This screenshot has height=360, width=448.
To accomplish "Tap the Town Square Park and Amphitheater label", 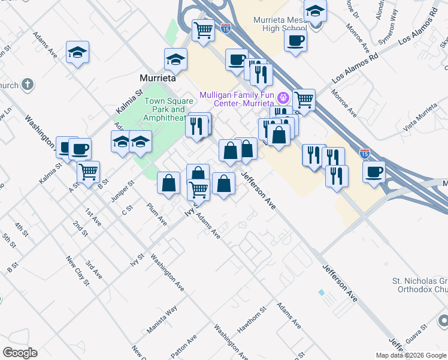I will [x=165, y=109].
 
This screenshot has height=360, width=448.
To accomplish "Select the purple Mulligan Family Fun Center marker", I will [x=283, y=97].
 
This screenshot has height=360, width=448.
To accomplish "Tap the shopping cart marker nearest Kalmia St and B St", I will [x=88, y=172].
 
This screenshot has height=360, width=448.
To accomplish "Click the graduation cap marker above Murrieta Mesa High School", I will [x=315, y=10].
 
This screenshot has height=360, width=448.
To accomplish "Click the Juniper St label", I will [x=122, y=191].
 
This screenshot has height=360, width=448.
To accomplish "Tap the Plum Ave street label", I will [x=157, y=213].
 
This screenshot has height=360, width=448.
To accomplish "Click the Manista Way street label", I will [x=162, y=320].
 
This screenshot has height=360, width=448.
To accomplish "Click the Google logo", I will [x=20, y=353].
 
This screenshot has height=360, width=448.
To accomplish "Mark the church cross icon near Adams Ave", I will [x=28, y=85].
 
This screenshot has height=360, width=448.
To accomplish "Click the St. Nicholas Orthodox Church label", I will [x=419, y=285].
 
